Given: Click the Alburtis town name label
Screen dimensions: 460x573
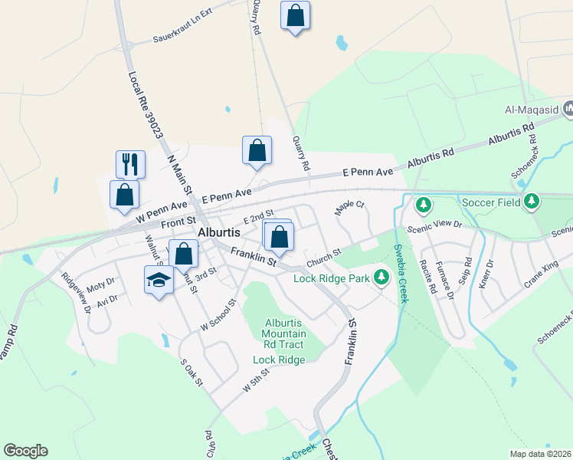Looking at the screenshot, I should (x=219, y=232).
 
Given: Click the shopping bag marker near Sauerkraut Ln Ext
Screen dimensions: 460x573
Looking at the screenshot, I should (x=295, y=16).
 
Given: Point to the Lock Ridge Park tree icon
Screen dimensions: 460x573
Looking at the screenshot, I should (x=381, y=278).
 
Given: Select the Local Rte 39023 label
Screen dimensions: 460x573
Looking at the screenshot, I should (x=146, y=104).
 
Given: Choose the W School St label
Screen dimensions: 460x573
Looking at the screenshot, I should (x=216, y=314).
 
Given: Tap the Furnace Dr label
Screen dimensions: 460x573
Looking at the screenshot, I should (x=445, y=280).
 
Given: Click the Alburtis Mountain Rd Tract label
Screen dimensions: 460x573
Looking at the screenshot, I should (x=283, y=333).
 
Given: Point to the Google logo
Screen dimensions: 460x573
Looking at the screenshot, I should (x=25, y=451).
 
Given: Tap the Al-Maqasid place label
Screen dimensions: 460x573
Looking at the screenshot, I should (x=531, y=110).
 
